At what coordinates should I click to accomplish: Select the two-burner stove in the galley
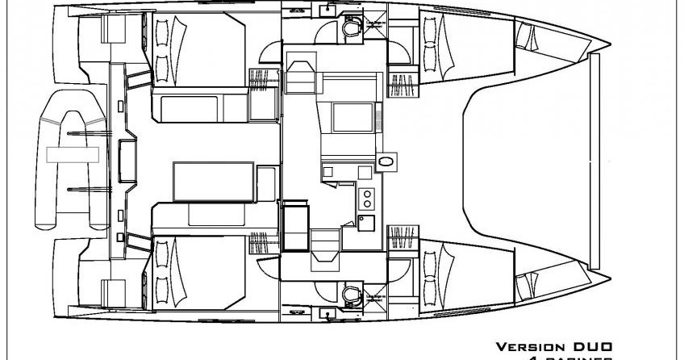(367, 196)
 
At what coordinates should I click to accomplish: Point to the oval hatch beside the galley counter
(387, 161)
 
